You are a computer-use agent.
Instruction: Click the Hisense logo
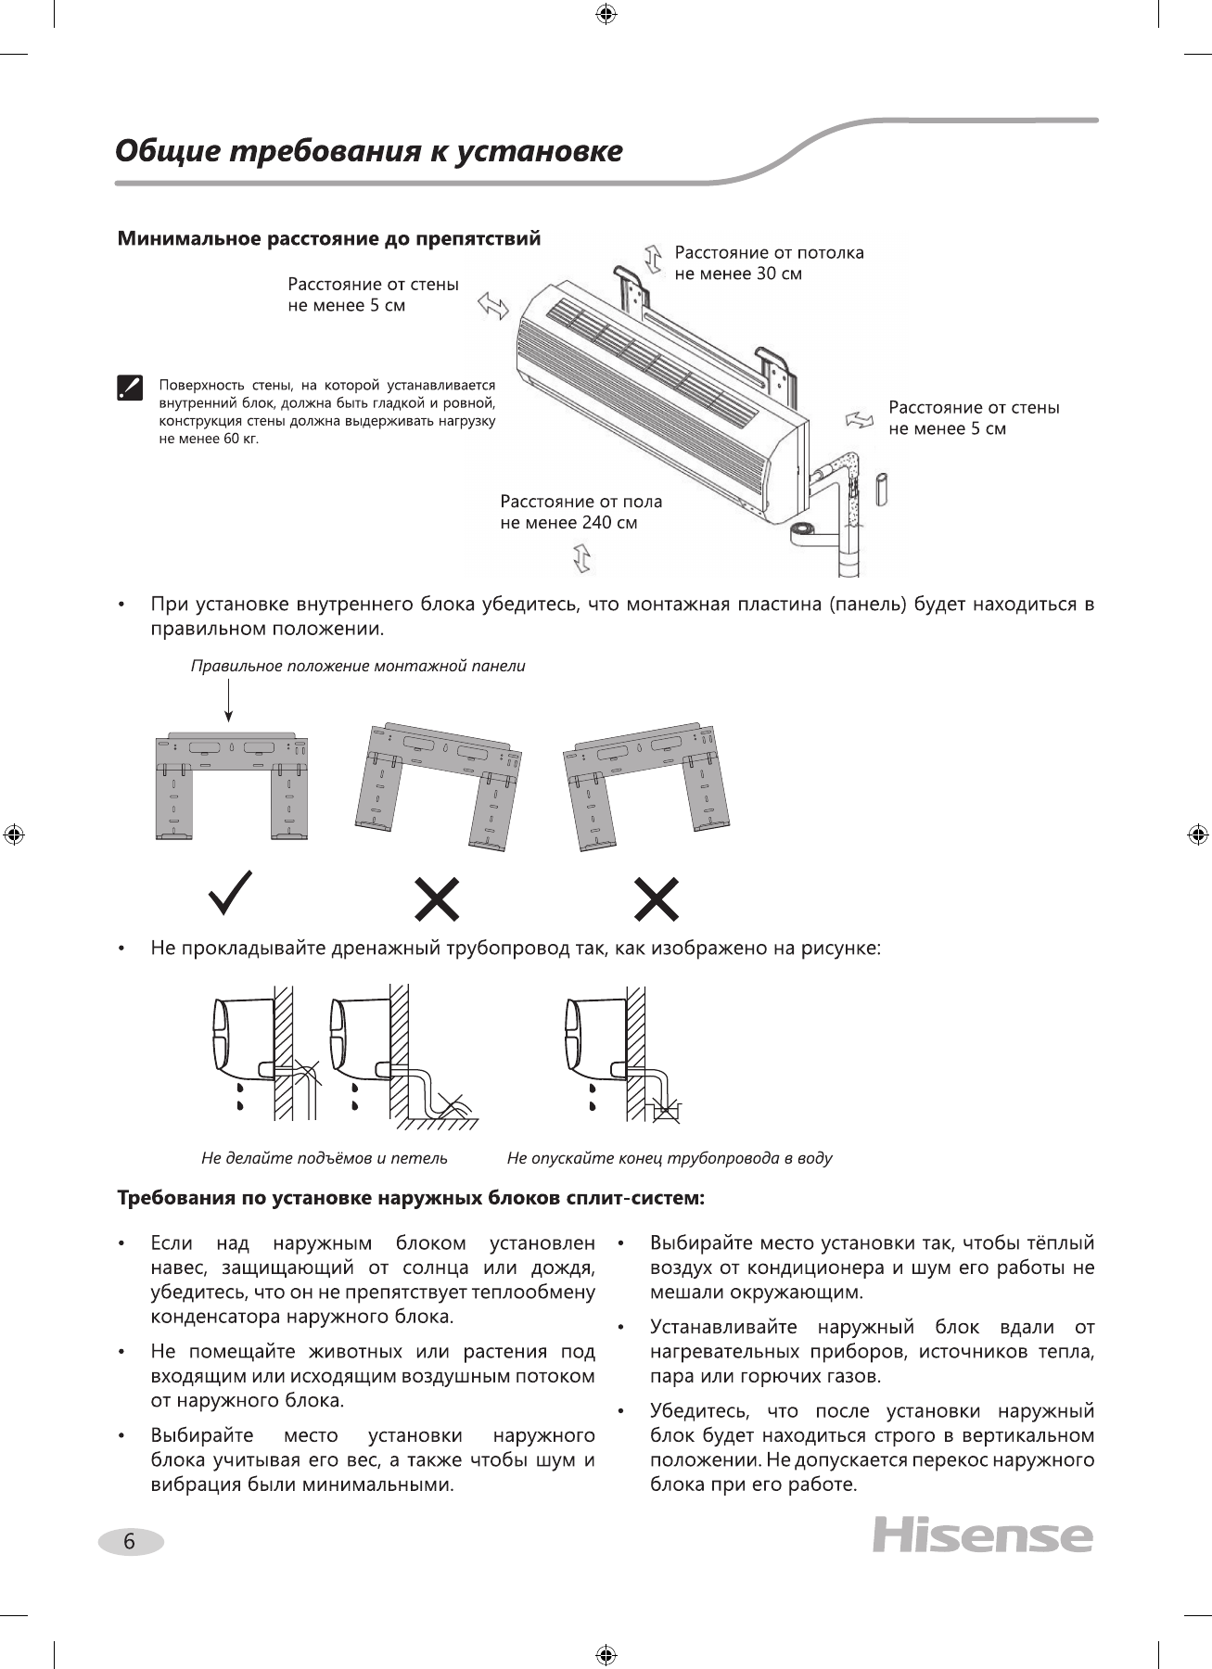tap(982, 1536)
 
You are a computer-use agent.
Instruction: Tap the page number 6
tap(130, 1542)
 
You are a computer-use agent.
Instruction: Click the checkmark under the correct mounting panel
tap(230, 893)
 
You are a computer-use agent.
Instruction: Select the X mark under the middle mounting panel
tap(437, 898)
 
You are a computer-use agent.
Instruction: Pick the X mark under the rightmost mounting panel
tap(657, 898)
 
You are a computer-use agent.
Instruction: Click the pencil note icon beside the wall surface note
tap(130, 388)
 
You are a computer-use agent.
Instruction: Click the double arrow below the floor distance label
tap(582, 558)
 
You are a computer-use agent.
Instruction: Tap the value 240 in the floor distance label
tap(596, 523)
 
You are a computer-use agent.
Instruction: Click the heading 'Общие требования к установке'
tap(368, 151)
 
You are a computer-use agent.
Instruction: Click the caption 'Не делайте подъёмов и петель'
tap(325, 1158)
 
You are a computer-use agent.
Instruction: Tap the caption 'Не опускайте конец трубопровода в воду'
tap(670, 1158)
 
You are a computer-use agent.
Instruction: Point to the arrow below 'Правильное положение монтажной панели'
tap(228, 700)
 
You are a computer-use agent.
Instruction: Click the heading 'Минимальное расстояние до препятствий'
tap(328, 239)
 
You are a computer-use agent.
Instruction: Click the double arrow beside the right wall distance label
tap(860, 419)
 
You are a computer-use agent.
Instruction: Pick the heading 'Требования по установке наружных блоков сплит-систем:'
tap(411, 1198)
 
